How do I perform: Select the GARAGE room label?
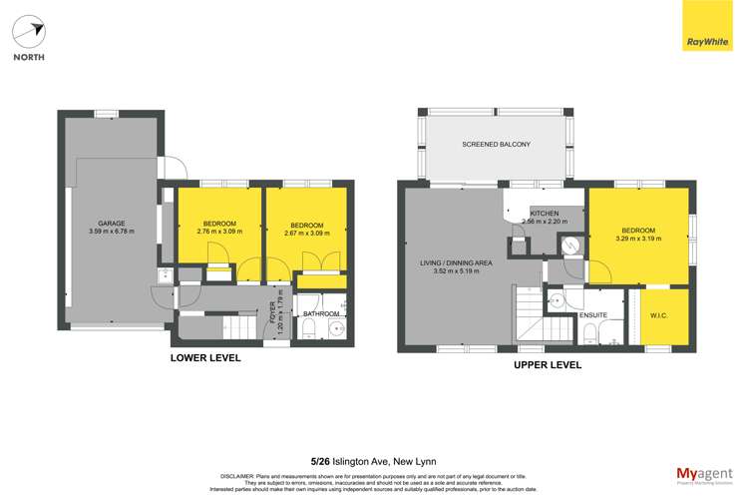click(x=111, y=223)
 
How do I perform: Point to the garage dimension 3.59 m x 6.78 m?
click(x=111, y=232)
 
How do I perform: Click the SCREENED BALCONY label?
click(x=496, y=145)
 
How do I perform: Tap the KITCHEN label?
click(x=545, y=214)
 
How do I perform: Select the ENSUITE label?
click(x=592, y=315)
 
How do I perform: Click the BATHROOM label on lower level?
click(x=322, y=314)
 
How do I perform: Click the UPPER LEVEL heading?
click(x=548, y=365)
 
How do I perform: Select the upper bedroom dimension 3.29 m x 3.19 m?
click(x=638, y=239)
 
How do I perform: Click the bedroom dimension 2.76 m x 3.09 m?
click(x=219, y=232)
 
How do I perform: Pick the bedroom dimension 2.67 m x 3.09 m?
click(x=305, y=232)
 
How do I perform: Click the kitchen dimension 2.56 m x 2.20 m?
click(x=545, y=223)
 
